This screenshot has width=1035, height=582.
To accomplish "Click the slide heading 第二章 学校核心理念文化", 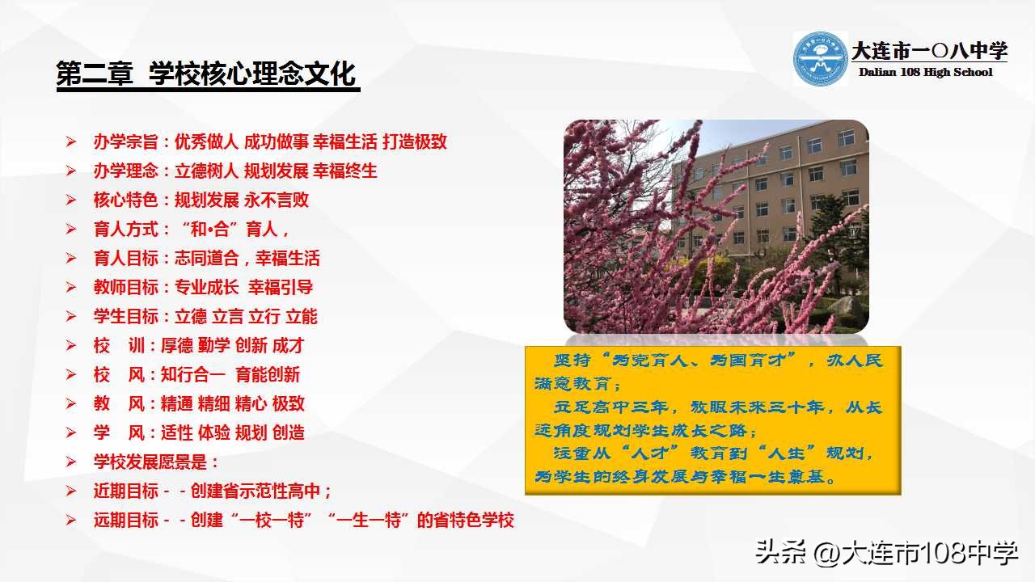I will click(207, 74).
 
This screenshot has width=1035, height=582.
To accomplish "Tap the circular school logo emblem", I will click(820, 59).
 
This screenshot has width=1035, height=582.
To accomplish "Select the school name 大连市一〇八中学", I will click(929, 51).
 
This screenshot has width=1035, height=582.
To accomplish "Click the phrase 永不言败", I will click(277, 200).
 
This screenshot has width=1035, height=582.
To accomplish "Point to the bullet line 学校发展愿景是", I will click(155, 462).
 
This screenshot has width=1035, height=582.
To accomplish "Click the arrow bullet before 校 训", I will click(71, 346).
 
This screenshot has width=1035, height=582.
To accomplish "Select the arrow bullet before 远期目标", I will click(71, 521).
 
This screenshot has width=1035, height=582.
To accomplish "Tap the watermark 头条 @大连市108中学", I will click(886, 554).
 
